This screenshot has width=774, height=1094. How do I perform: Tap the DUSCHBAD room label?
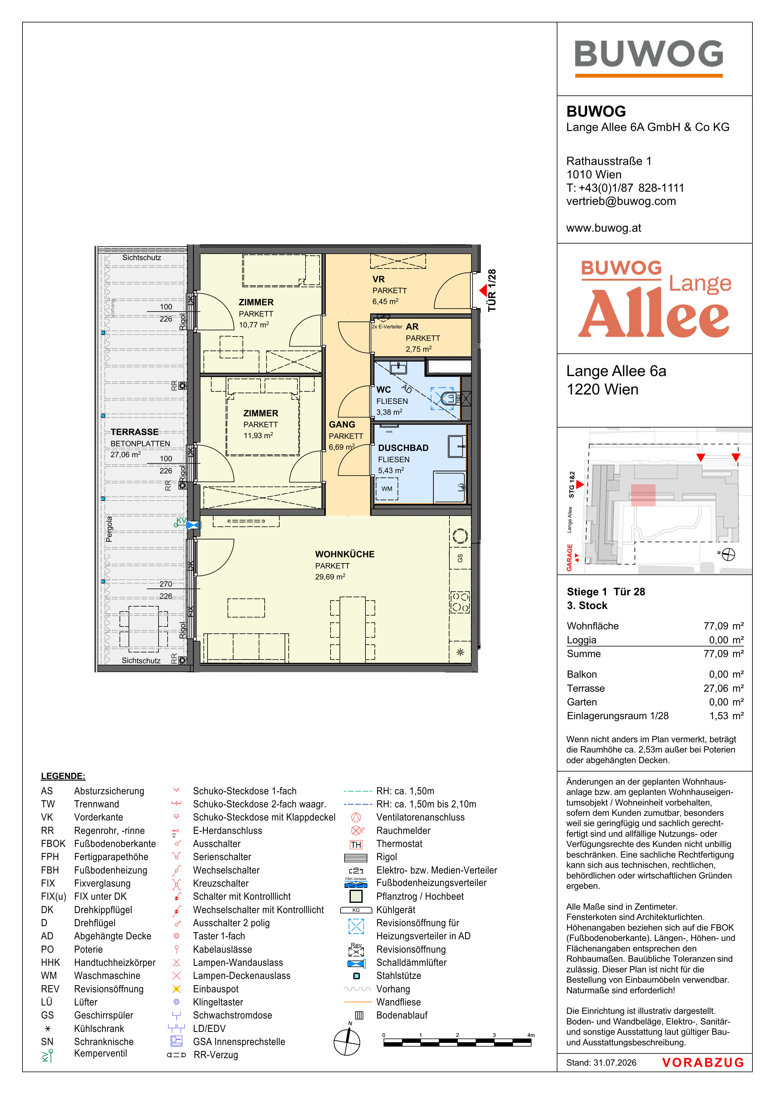[x=403, y=448]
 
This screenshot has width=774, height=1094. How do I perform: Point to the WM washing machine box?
[x=387, y=488]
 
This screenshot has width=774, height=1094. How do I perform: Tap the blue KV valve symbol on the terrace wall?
[x=193, y=525]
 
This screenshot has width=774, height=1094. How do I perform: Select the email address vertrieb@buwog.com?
[x=621, y=201]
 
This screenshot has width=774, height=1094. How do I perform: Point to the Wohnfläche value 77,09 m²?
[x=723, y=626]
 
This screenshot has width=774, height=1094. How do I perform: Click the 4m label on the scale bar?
[x=531, y=1035]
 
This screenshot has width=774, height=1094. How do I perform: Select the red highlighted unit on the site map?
[x=643, y=495]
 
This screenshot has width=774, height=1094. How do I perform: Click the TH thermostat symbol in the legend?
[x=356, y=845]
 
